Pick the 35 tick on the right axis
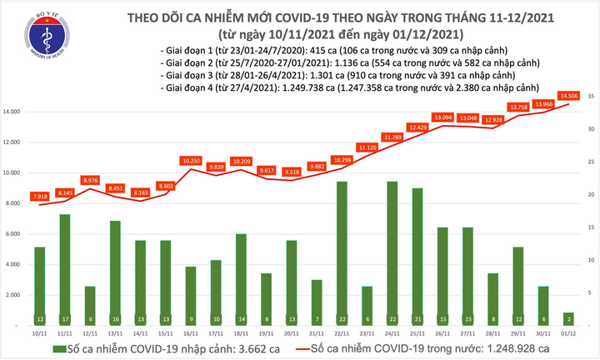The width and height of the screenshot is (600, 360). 590,97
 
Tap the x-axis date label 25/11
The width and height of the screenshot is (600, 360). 417,332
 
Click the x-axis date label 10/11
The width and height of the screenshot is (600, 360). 39,332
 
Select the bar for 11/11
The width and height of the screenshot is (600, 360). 64,270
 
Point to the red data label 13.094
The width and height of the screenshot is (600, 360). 442,117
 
